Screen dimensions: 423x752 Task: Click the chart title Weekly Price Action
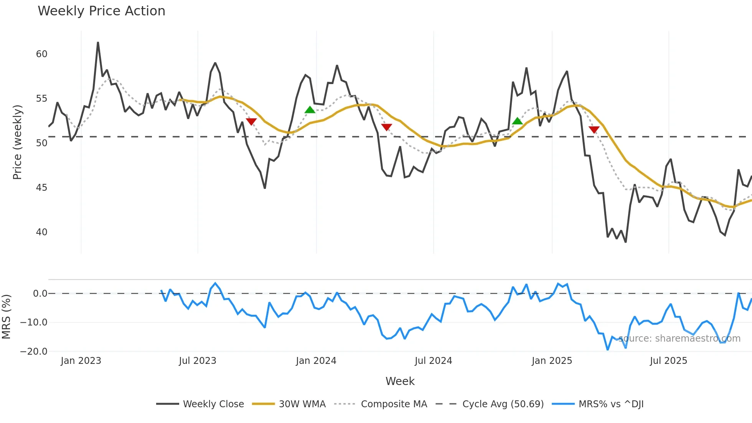pyautogui.click(x=101, y=11)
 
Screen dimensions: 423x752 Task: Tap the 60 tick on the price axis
pyautogui.click(x=41, y=54)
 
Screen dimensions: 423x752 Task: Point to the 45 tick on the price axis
pyautogui.click(x=41, y=188)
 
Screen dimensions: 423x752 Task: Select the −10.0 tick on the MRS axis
pyautogui.click(x=34, y=322)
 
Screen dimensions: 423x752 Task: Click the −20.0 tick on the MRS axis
pyautogui.click(x=34, y=352)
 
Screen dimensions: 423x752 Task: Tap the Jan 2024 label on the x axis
pyautogui.click(x=316, y=361)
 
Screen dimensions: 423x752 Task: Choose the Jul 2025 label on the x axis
pyautogui.click(x=668, y=361)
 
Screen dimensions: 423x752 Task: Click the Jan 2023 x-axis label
pyautogui.click(x=81, y=361)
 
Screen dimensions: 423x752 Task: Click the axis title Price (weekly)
pyautogui.click(x=17, y=142)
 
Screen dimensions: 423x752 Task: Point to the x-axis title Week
pyautogui.click(x=400, y=381)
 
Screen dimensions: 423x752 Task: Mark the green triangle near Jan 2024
pyautogui.click(x=310, y=110)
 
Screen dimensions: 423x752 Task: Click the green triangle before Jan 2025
pyautogui.click(x=517, y=121)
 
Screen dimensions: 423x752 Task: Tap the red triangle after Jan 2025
pyautogui.click(x=594, y=130)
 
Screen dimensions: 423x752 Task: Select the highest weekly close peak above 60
pyautogui.click(x=98, y=43)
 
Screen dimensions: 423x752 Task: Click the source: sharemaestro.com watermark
pyautogui.click(x=679, y=339)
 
